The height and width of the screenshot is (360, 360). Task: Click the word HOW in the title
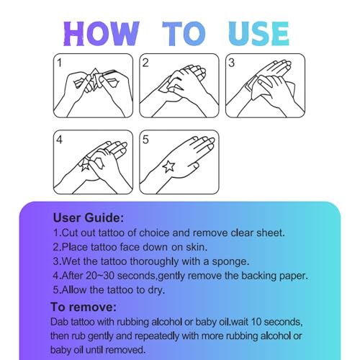pyautogui.click(x=102, y=34)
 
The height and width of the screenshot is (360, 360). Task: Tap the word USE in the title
pyautogui.click(x=258, y=34)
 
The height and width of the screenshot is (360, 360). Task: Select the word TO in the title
pyautogui.click(x=184, y=34)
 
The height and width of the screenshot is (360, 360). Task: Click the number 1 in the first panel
pyautogui.click(x=59, y=63)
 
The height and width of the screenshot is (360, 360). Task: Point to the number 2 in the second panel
pyautogui.click(x=145, y=63)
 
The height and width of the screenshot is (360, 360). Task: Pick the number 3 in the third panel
pyautogui.click(x=231, y=63)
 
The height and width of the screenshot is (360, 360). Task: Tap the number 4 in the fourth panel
pyautogui.click(x=59, y=140)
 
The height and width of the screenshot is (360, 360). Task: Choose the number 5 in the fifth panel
pyautogui.click(x=145, y=140)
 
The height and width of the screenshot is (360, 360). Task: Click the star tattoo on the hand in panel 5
pyautogui.click(x=168, y=167)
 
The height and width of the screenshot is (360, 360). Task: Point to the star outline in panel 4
pyautogui.click(x=85, y=166)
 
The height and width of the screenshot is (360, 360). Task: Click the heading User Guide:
pyautogui.click(x=89, y=218)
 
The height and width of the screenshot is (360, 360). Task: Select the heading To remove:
pyautogui.click(x=84, y=307)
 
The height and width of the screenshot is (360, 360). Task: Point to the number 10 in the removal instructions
pyautogui.click(x=256, y=322)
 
